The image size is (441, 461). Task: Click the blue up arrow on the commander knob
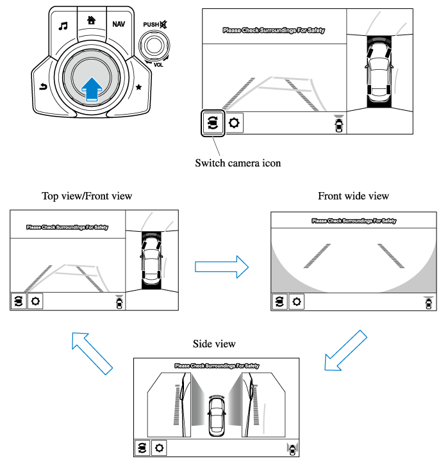[x=92, y=88]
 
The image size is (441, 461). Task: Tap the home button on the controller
[x=90, y=20]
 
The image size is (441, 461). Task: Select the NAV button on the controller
[x=119, y=24]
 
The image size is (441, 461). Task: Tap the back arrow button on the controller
[x=42, y=86]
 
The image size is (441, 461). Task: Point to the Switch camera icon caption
[x=238, y=163]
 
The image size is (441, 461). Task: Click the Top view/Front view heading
[x=87, y=196]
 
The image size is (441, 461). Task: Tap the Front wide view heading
[x=353, y=196]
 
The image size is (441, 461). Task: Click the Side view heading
[x=214, y=344]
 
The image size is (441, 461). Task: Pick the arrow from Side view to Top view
[x=92, y=352]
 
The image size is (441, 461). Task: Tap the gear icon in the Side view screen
[x=158, y=448]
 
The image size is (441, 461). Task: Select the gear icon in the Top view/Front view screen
[x=36, y=300]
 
